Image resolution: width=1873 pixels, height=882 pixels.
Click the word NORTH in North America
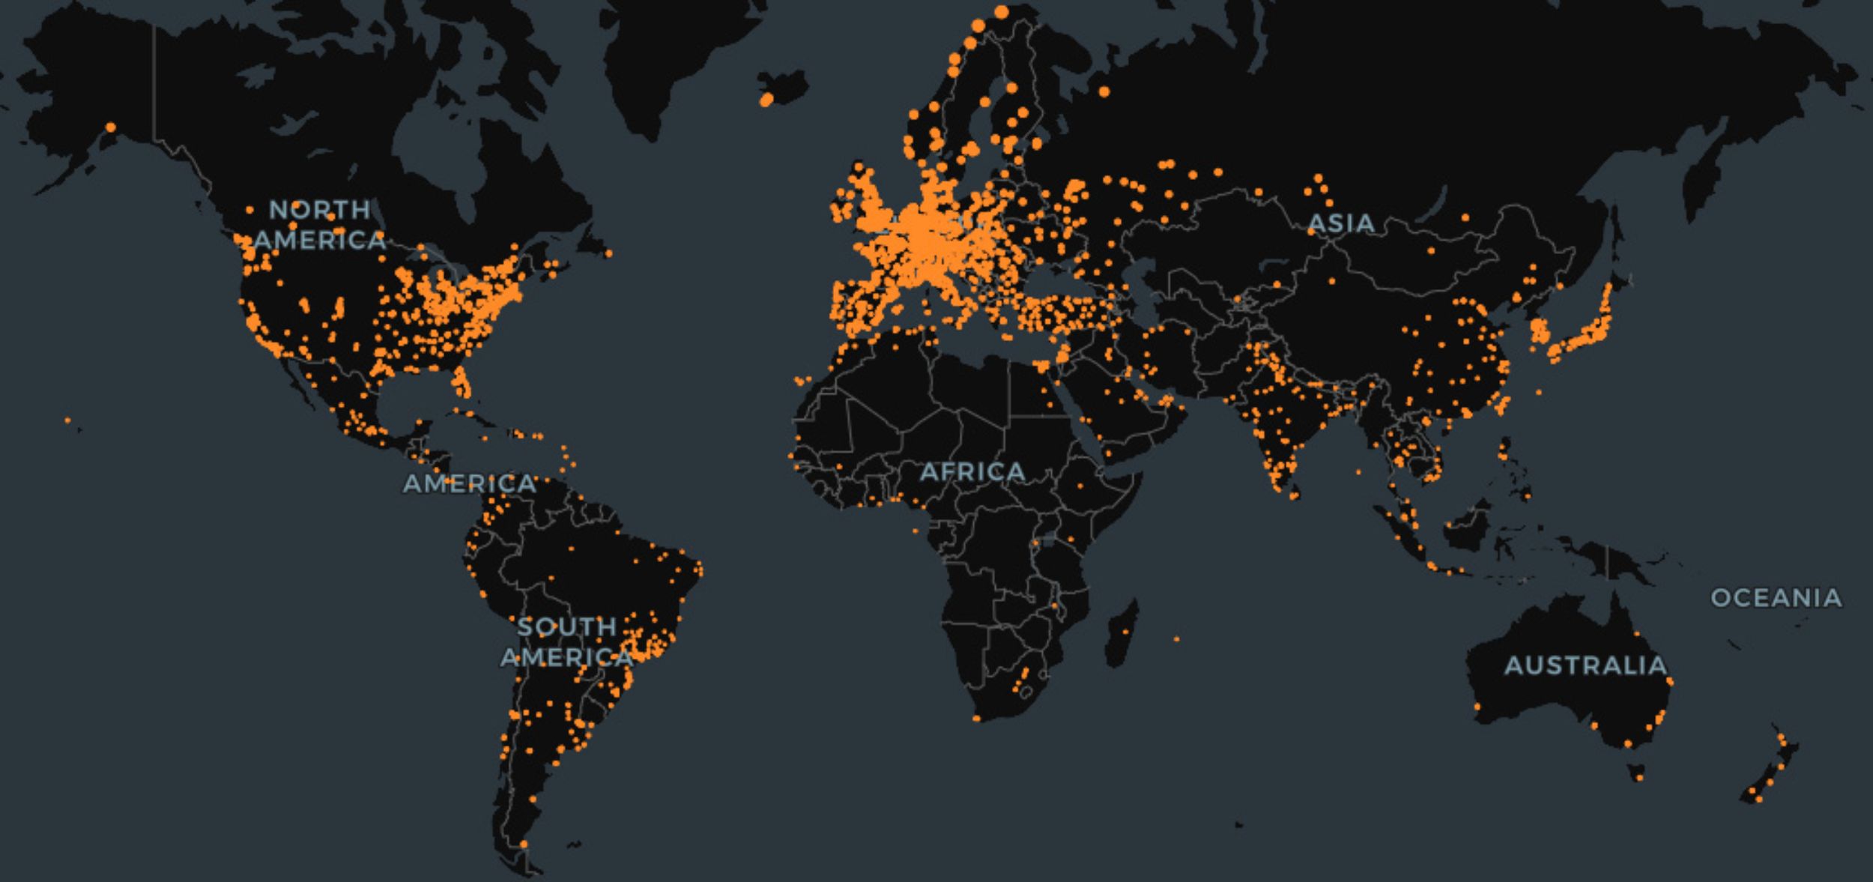(319, 209)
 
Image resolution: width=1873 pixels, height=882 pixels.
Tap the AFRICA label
(972, 471)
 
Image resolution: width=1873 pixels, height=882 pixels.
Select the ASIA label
(1341, 223)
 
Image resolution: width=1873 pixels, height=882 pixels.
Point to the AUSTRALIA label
(1585, 665)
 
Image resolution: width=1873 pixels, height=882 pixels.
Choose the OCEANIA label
(1776, 597)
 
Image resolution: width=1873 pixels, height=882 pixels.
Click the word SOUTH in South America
(567, 626)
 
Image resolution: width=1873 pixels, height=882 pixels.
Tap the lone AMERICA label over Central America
(470, 483)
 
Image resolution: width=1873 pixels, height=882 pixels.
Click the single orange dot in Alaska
(111, 127)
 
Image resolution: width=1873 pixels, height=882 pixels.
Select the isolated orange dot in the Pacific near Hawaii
(67, 420)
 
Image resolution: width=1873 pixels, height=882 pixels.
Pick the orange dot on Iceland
(766, 99)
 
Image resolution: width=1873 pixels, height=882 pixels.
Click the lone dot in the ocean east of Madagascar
(1176, 639)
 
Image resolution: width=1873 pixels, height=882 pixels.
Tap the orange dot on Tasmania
(1639, 778)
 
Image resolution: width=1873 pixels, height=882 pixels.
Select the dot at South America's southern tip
(523, 845)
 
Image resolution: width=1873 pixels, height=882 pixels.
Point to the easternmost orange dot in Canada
(608, 254)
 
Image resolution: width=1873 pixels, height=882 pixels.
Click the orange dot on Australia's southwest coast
(1477, 707)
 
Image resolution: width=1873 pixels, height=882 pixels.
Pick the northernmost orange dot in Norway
(1002, 12)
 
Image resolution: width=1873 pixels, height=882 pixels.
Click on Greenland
(674, 60)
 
